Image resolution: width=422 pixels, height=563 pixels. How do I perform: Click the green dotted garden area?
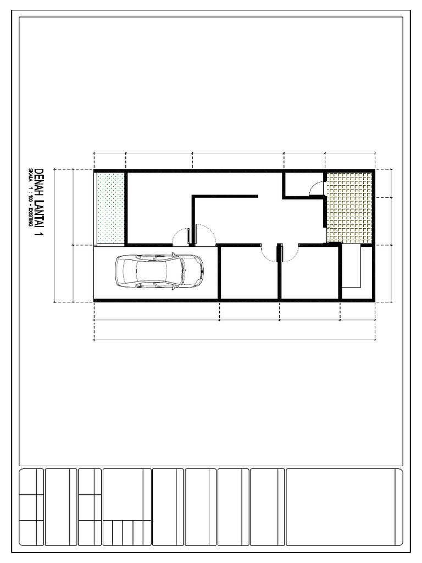(110, 208)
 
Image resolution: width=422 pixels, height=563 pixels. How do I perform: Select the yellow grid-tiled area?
(350, 207)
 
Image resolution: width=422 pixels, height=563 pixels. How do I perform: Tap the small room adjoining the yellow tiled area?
(302, 184)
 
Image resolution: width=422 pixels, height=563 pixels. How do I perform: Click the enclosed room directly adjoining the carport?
(248, 273)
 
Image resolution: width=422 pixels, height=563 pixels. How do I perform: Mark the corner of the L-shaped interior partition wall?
(193, 196)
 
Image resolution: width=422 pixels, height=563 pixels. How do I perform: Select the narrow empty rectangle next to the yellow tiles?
(351, 267)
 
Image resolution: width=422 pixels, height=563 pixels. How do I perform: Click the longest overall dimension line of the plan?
(235, 340)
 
